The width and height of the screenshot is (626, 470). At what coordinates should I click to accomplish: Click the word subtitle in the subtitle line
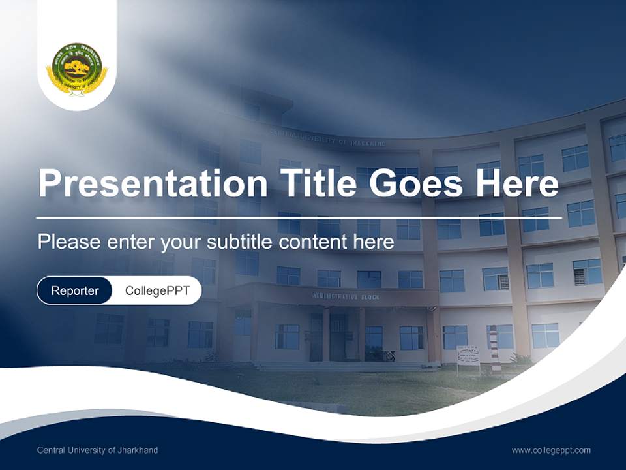pyautogui.click(x=240, y=242)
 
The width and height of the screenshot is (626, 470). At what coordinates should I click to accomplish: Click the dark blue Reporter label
pyautogui.click(x=74, y=290)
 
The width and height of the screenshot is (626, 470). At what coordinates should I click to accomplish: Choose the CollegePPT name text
pyautogui.click(x=156, y=290)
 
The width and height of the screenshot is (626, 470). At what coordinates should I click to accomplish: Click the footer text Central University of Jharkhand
pyautogui.click(x=97, y=450)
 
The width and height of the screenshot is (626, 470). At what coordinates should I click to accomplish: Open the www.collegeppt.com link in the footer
pyautogui.click(x=551, y=450)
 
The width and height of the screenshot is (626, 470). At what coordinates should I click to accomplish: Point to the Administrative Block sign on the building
pyautogui.click(x=345, y=297)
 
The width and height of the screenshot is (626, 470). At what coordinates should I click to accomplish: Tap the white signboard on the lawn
pyautogui.click(x=468, y=355)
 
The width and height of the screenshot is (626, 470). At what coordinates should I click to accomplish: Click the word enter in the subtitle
pyautogui.click(x=131, y=242)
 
